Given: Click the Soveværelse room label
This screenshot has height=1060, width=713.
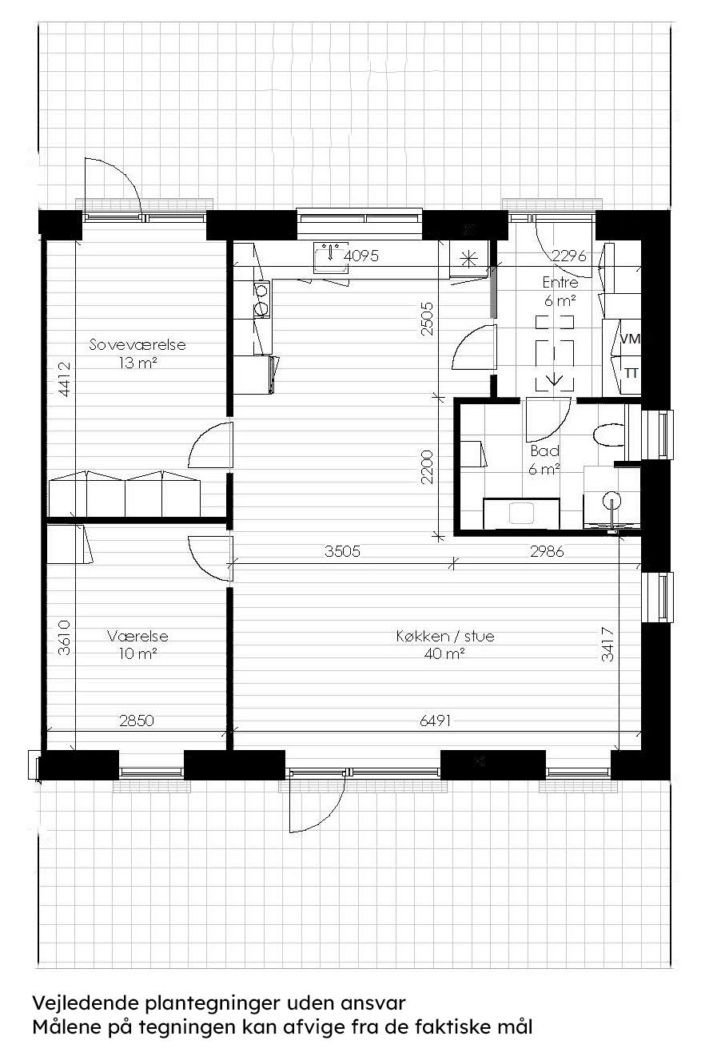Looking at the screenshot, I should tap(137, 345).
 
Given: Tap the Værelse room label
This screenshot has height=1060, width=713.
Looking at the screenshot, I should tap(137, 637).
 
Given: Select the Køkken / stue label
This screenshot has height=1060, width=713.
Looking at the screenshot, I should tap(445, 637).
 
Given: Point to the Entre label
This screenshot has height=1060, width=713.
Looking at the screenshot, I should tap(560, 283).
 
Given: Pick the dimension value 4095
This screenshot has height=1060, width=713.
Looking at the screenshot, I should tap(360, 256).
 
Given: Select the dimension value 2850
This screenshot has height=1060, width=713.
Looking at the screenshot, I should tap(137, 721).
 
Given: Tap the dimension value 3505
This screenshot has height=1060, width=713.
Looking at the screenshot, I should tap(341, 550).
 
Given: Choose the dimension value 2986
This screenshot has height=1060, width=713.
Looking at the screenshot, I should tap(548, 550).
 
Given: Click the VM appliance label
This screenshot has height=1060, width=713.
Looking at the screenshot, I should tap(631, 339).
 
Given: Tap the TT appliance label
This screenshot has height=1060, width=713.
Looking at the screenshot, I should tap(631, 373).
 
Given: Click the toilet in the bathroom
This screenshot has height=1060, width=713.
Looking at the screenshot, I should tap(611, 435).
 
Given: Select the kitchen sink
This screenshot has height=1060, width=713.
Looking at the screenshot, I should tap(330, 256).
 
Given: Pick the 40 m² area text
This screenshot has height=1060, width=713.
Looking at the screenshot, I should tap(445, 653).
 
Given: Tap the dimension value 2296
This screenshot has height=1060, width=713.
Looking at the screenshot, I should tap(571, 256).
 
